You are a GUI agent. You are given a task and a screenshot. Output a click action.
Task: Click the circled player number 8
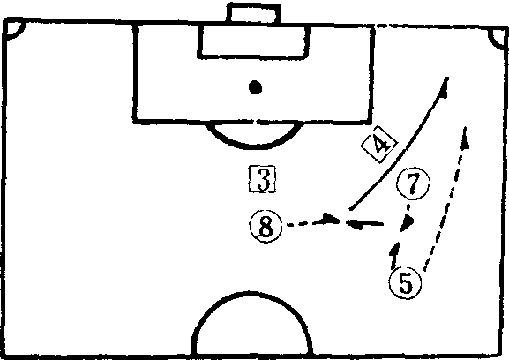(266, 226)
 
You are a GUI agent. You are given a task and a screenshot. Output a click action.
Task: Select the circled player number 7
(413, 184)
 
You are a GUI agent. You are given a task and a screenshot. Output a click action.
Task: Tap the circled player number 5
(405, 283)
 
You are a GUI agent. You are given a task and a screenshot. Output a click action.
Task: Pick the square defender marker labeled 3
(262, 179)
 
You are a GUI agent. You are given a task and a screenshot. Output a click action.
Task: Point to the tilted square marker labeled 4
(379, 144)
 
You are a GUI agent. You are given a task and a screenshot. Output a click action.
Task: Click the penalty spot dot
(255, 87)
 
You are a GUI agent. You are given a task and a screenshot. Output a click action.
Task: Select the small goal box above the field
(254, 13)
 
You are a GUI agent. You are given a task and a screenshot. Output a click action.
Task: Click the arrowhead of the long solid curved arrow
(445, 86)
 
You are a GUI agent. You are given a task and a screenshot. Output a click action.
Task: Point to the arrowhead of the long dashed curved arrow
(466, 137)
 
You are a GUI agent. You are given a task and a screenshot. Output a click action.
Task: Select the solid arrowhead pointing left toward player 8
(355, 224)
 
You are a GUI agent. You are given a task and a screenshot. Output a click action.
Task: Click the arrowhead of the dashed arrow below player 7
(407, 224)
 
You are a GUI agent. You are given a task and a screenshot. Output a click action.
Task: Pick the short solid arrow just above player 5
(394, 255)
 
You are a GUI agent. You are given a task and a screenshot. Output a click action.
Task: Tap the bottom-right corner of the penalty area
(370, 122)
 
